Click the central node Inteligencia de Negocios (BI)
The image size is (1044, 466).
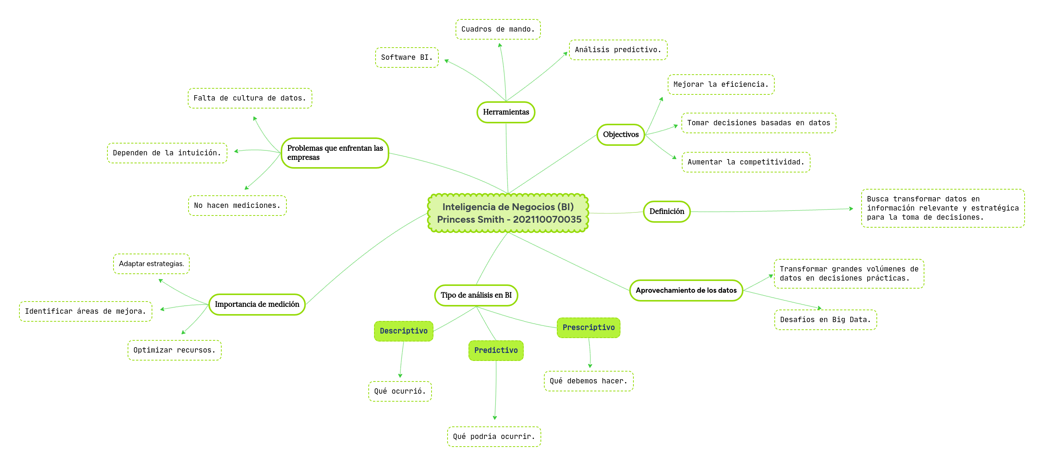pyautogui.click(x=508, y=207)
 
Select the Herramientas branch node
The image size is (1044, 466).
pyautogui.click(x=506, y=112)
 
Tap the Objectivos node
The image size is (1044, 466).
pyautogui.click(x=620, y=134)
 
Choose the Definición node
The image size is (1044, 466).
pyautogui.click(x=667, y=212)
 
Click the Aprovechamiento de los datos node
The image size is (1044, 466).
pyautogui.click(x=686, y=290)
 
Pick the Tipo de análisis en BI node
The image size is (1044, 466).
pyautogui.click(x=476, y=295)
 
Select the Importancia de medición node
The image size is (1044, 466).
pyautogui.click(x=257, y=304)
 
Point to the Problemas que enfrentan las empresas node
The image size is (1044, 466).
pyautogui.click(x=335, y=153)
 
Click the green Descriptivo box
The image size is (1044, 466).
pyautogui.click(x=404, y=331)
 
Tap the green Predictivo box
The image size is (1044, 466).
pyautogui.click(x=496, y=351)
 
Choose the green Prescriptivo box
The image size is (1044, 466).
pyautogui.click(x=588, y=328)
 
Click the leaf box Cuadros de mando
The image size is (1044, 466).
pyautogui.click(x=498, y=29)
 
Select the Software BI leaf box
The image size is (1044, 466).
pyautogui.click(x=406, y=57)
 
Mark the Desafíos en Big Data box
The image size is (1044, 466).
pyautogui.click(x=825, y=320)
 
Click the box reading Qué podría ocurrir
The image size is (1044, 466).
pyautogui.click(x=494, y=436)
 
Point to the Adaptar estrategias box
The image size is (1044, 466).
pyautogui.click(x=151, y=264)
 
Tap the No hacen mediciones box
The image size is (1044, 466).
pyautogui.click(x=237, y=206)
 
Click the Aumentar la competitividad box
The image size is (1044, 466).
pyautogui.click(x=746, y=162)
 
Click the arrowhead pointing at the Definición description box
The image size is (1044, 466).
pyautogui.click(x=851, y=209)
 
